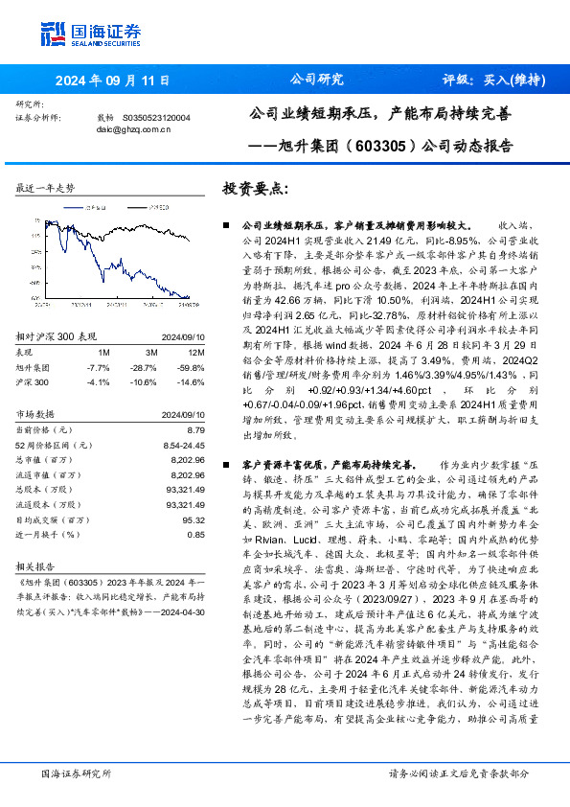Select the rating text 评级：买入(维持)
[x=489, y=81]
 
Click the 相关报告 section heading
[x=37, y=566]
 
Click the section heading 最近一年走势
[x=45, y=189]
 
